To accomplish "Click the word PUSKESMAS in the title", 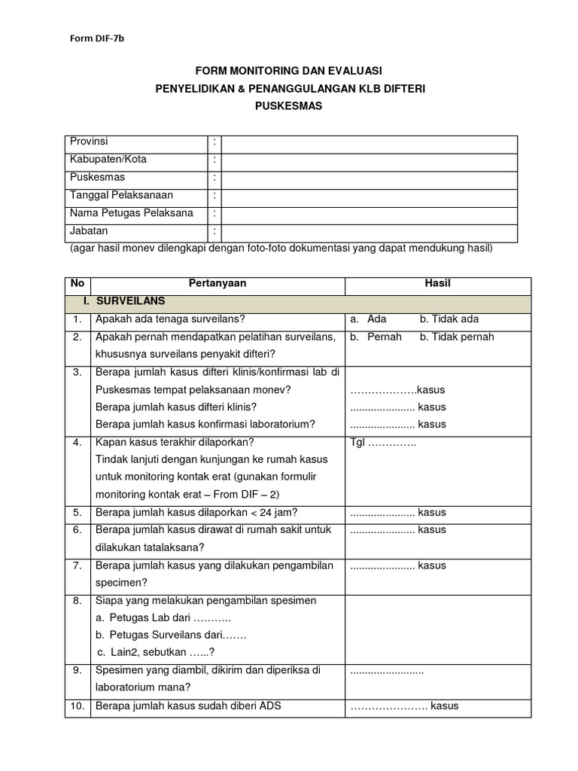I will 289,106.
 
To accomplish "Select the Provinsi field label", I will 89,142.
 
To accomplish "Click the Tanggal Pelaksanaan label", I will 121,196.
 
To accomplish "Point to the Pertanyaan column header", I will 218,283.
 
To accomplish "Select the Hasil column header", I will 437,283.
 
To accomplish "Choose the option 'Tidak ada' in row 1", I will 449,319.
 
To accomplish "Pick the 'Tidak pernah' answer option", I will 457,337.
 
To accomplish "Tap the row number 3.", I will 78,373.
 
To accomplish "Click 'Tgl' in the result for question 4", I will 358,442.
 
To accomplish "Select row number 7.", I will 78,565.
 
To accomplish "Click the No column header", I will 78,283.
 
